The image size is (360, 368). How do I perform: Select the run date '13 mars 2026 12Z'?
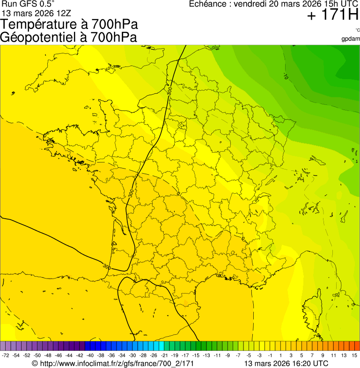point(33,13)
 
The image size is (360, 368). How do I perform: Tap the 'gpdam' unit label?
point(351,38)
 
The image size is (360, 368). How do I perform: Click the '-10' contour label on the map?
point(286,76)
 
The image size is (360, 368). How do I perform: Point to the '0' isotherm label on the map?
point(178,192)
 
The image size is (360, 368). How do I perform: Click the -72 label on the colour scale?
point(6,356)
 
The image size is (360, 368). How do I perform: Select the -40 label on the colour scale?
point(90,356)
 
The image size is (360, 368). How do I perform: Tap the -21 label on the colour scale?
point(164,356)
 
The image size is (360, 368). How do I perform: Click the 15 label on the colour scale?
point(354,356)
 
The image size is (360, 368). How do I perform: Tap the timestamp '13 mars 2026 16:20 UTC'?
point(286,363)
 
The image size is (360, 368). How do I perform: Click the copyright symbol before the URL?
point(35,363)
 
